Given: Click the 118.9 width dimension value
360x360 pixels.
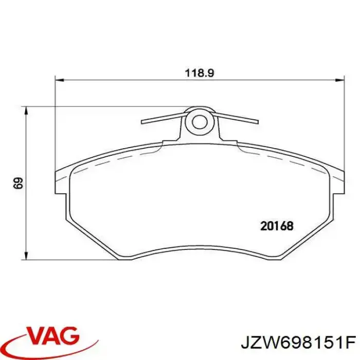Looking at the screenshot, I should pos(199,73).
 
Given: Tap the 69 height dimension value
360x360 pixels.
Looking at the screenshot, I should pos(17,184).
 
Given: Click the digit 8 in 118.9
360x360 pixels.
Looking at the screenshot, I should pos(199,73).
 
